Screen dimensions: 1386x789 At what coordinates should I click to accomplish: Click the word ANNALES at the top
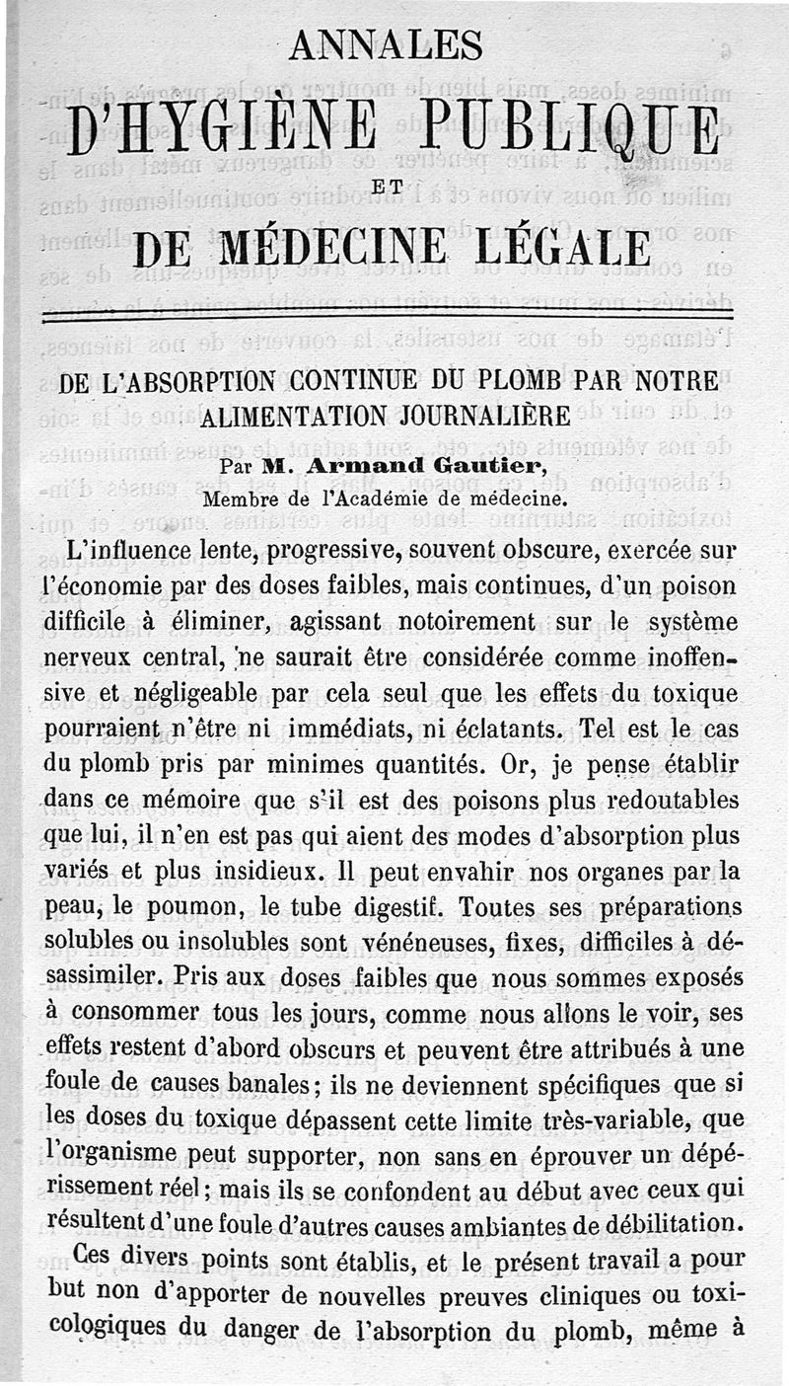[x=387, y=44]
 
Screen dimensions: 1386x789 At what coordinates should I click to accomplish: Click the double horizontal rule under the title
[x=394, y=316]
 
